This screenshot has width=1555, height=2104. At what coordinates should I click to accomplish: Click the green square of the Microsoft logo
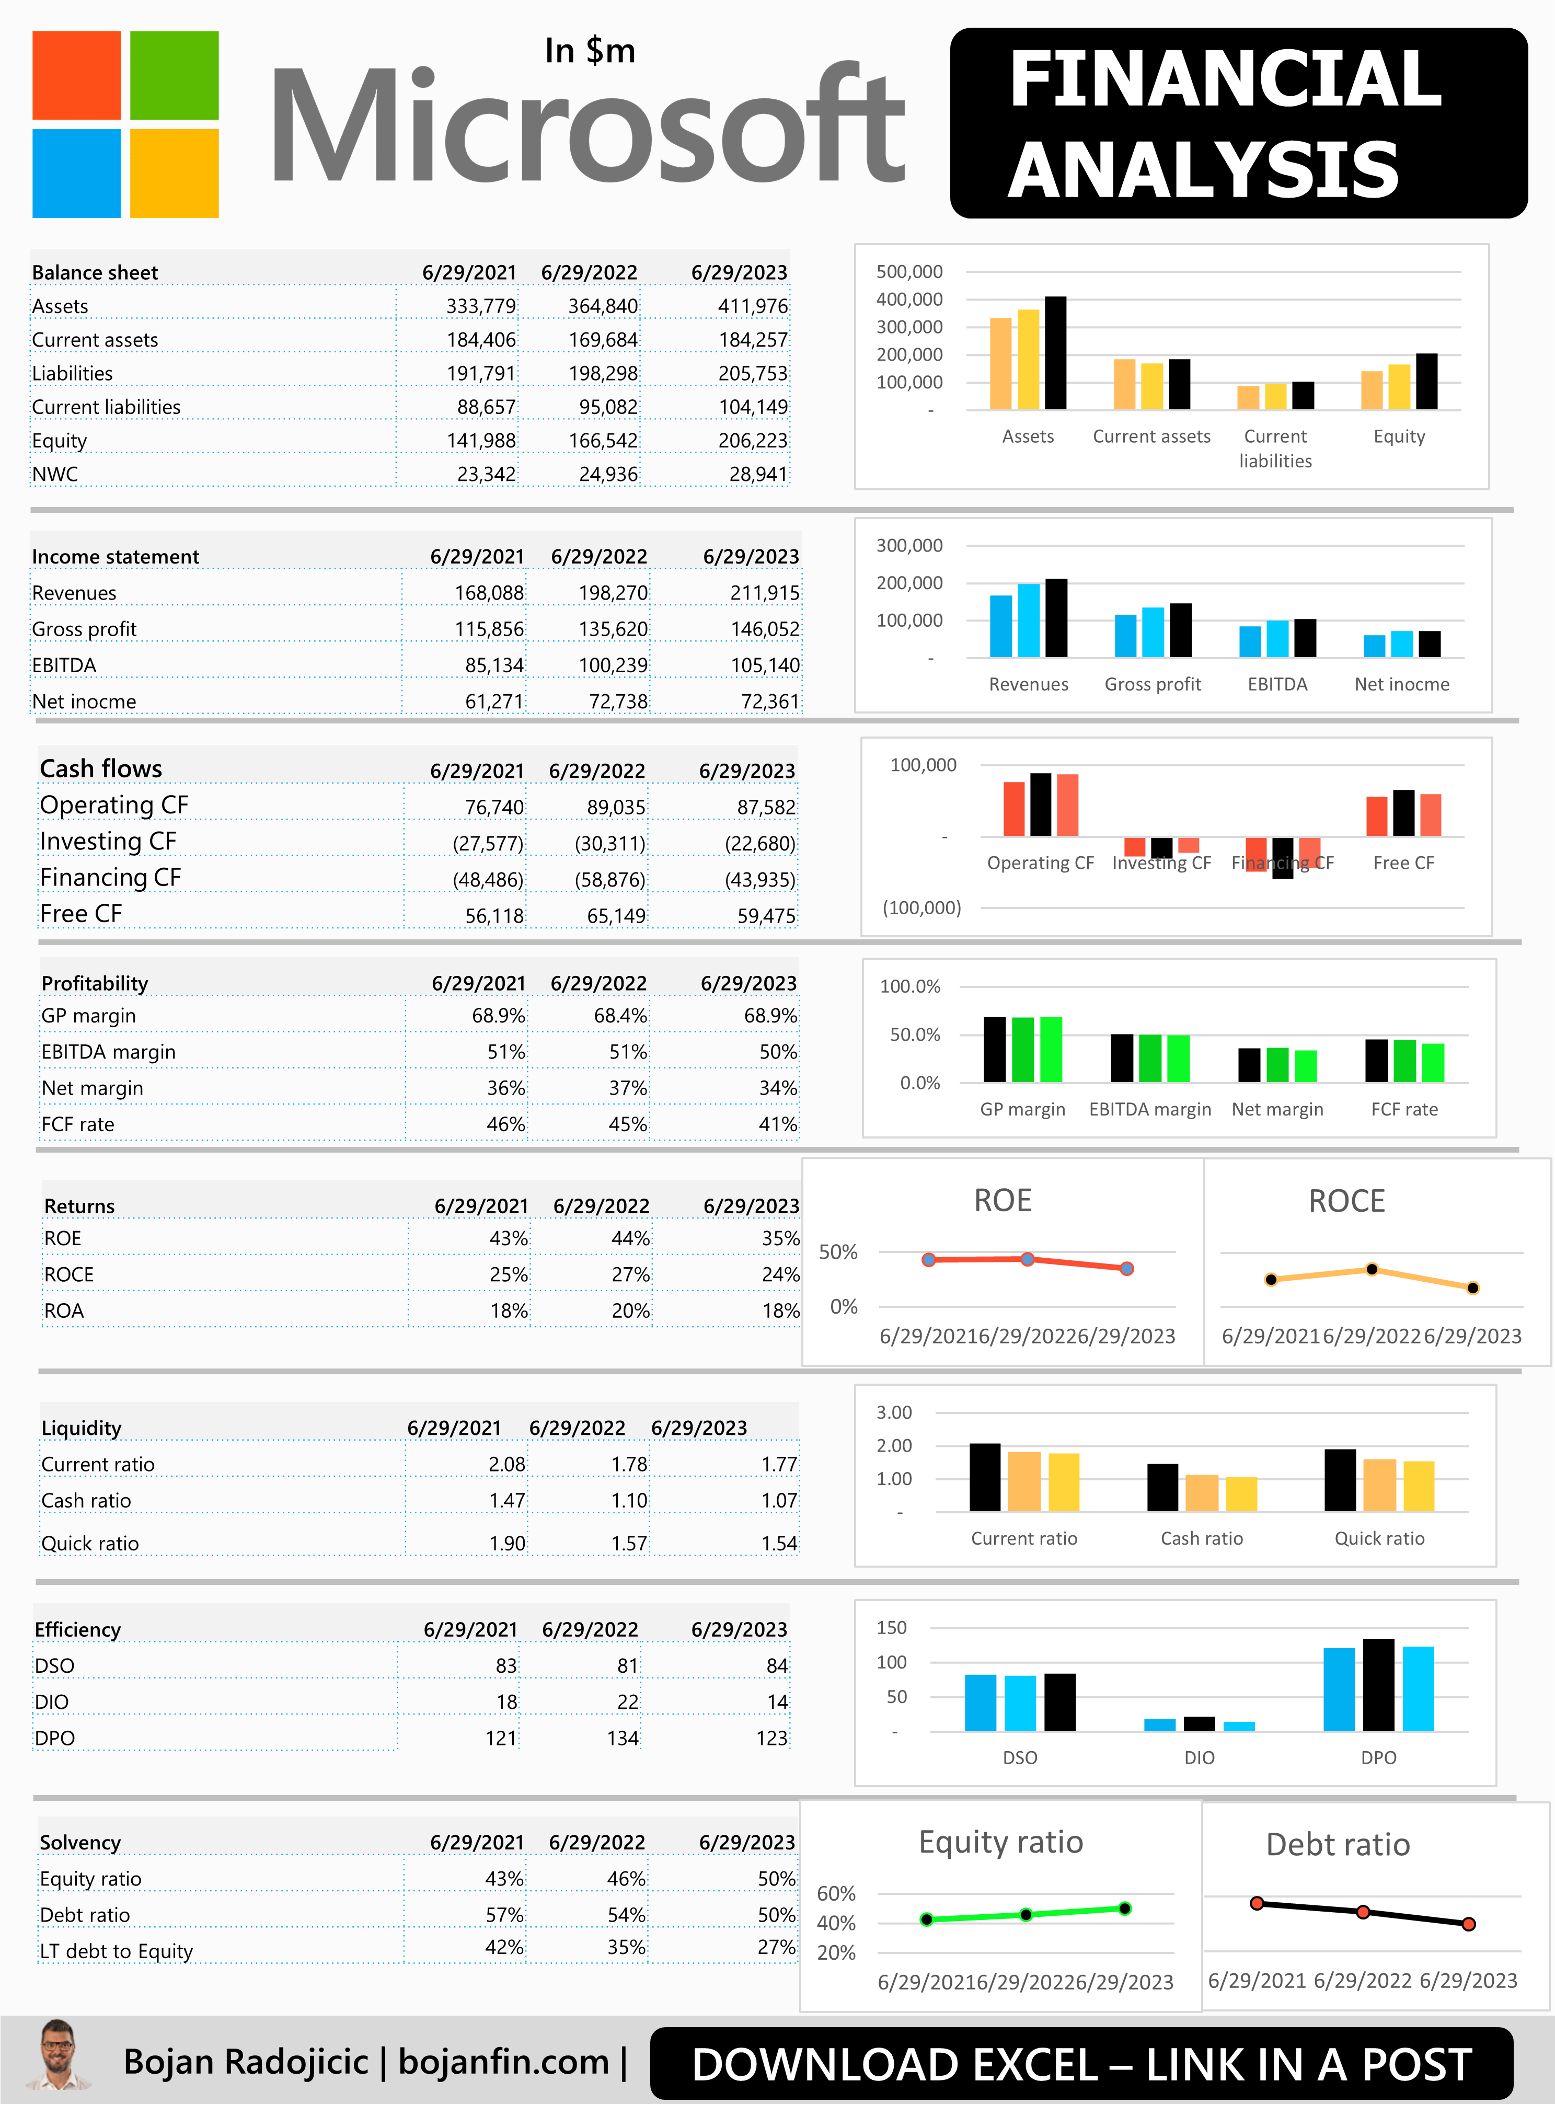click(174, 75)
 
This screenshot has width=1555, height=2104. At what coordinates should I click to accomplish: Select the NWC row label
click(54, 474)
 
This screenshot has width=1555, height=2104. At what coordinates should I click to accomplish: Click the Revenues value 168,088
click(489, 592)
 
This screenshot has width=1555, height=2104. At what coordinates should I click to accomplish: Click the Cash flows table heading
click(101, 768)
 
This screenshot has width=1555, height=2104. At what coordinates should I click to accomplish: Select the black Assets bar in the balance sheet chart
click(1055, 353)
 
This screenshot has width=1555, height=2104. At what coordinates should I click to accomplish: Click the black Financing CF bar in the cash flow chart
click(1282, 858)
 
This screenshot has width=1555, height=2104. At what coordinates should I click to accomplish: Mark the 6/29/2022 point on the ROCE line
click(1372, 1269)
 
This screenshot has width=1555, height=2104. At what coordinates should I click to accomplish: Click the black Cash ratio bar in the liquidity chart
click(1162, 1487)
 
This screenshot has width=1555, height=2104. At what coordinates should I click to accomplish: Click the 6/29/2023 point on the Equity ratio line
click(1125, 1908)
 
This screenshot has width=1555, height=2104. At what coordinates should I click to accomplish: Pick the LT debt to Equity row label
click(116, 1950)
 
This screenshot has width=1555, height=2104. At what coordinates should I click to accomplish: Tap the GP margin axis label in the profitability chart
click(1022, 1109)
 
